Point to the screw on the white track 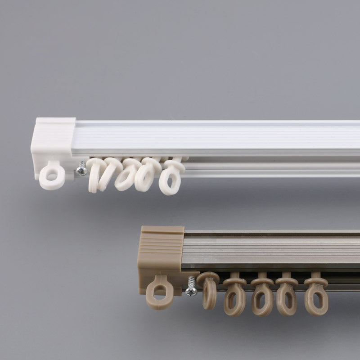82,170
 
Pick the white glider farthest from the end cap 171,178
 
